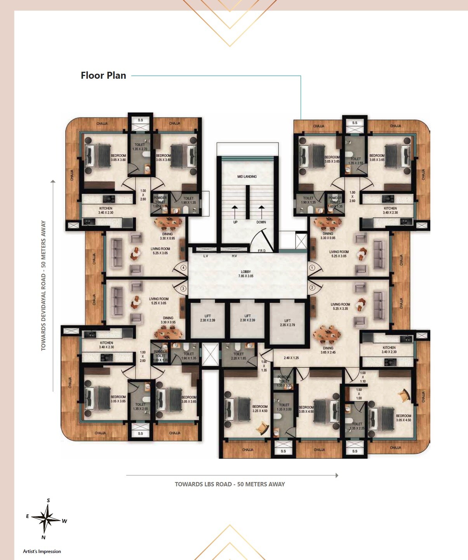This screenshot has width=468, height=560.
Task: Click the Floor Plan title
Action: pyautogui.click(x=103, y=76)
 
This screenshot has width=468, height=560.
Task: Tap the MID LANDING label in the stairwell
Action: pyautogui.click(x=247, y=176)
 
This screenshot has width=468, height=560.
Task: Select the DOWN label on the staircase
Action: pyautogui.click(x=261, y=222)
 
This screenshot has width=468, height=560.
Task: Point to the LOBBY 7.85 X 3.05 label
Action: pyautogui.click(x=246, y=274)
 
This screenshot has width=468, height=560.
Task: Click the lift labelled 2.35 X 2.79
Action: pyautogui.click(x=287, y=323)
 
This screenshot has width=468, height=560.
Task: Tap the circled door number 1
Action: pyautogui.click(x=312, y=268)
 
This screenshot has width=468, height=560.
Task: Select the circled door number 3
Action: pyautogui.click(x=183, y=289)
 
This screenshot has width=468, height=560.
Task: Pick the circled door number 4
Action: pyautogui.click(x=183, y=268)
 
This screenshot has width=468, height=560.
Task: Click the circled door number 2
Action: pyautogui.click(x=312, y=288)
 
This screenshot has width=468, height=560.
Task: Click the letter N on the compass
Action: pyautogui.click(x=43, y=538)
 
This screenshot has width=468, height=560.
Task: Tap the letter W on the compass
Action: pyautogui.click(x=64, y=521)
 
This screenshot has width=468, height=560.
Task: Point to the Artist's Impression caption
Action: pyautogui.click(x=42, y=551)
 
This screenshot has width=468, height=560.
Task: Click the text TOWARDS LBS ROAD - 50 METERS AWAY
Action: pyautogui.click(x=230, y=484)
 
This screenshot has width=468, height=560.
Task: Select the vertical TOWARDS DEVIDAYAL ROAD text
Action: pyautogui.click(x=43, y=285)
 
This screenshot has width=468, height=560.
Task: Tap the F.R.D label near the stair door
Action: pyautogui.click(x=262, y=251)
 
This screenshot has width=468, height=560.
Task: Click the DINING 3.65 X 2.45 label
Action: pyautogui.click(x=328, y=350)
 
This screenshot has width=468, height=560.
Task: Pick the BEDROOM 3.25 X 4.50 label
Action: pyautogui.click(x=260, y=409)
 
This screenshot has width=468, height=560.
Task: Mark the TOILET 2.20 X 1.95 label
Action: pyautogui.click(x=238, y=356)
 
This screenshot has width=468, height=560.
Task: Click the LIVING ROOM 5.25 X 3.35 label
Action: pyautogui.click(x=340, y=306)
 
